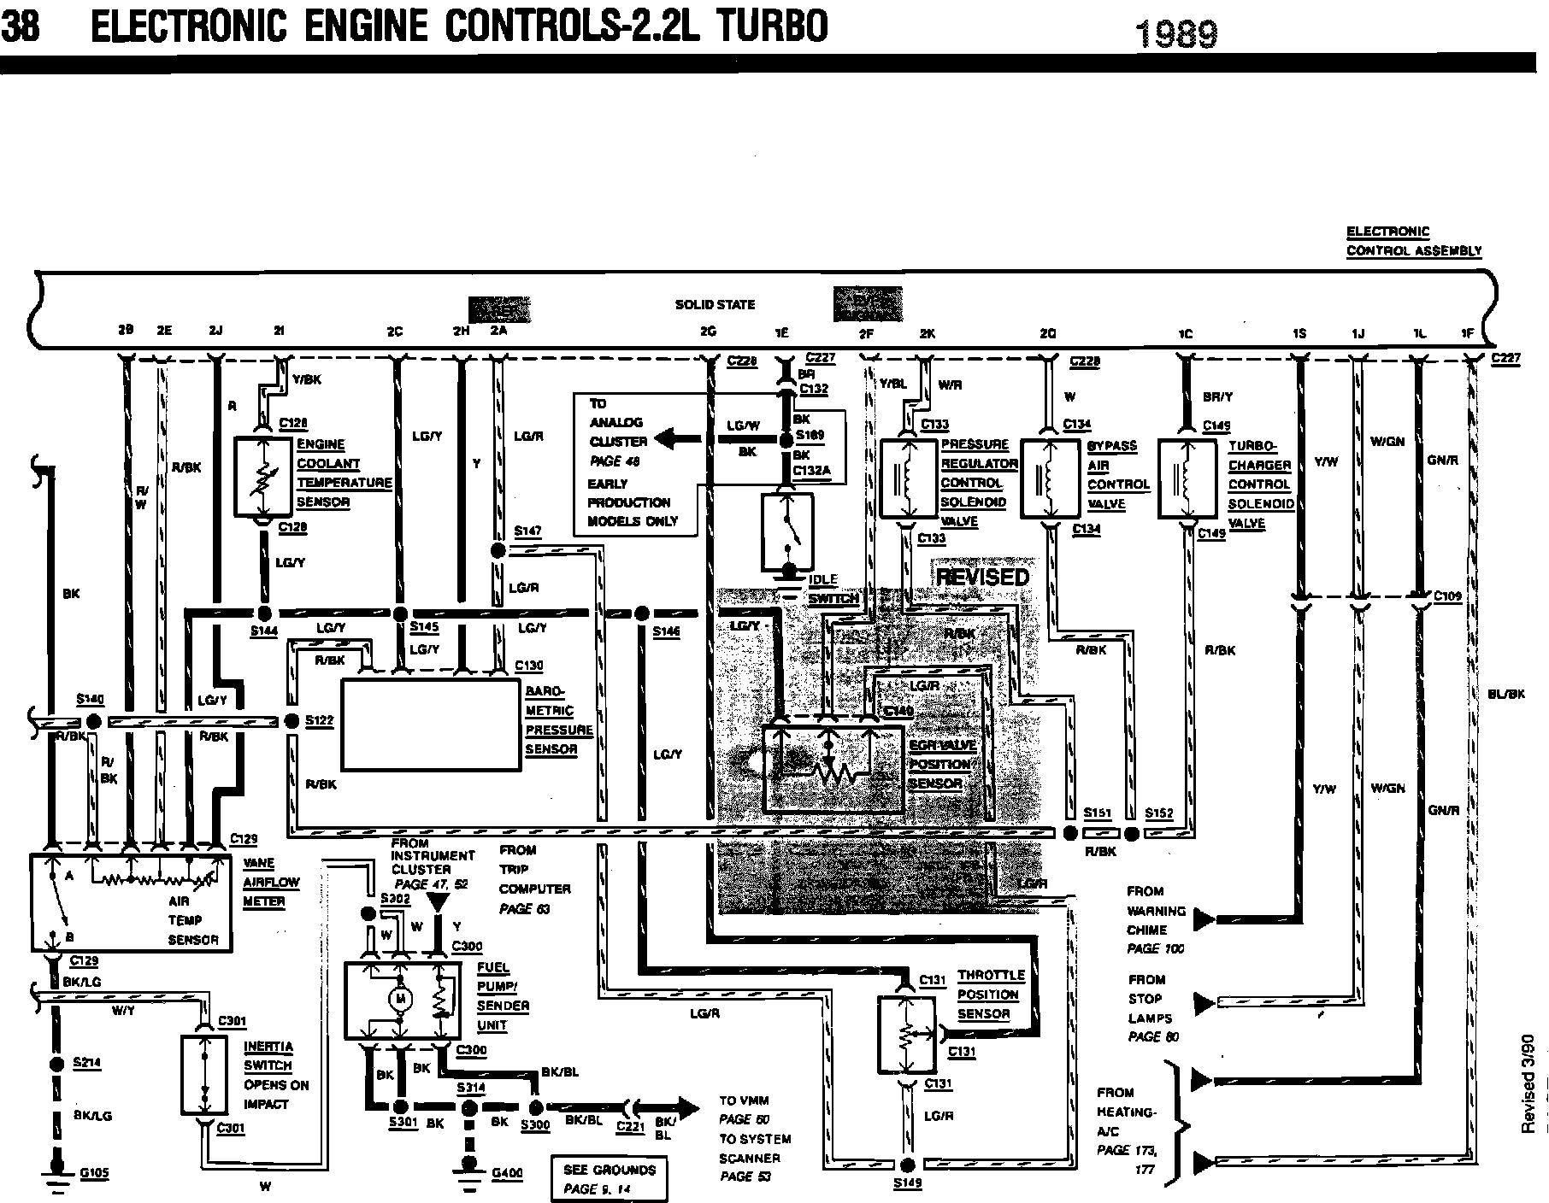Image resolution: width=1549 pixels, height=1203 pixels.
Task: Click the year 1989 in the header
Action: pos(1175,34)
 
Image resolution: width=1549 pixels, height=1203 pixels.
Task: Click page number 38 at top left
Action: pos(21,26)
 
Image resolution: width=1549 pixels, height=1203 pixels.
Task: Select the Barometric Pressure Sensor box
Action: pos(431,725)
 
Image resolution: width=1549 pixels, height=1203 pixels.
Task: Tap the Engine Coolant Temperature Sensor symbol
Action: pos(264,478)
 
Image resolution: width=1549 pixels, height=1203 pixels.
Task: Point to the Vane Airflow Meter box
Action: pos(131,901)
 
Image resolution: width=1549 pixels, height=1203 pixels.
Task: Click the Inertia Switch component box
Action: pos(204,1075)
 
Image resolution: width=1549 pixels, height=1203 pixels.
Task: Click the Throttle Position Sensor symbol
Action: pos(908,1033)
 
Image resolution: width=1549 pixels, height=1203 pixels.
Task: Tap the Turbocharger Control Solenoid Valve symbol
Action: pos(1187,478)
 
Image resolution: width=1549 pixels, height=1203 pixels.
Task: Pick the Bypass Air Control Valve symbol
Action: pos(1051,478)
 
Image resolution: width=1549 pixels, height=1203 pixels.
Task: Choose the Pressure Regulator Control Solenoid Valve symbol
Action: pos(909,478)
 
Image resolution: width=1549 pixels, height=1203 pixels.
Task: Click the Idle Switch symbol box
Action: pos(787,533)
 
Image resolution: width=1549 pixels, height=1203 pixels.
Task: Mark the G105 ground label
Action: pos(94,1174)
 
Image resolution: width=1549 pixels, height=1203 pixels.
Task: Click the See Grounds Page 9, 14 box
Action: pos(609,1179)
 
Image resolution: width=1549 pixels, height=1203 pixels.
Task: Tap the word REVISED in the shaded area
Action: pos(982,577)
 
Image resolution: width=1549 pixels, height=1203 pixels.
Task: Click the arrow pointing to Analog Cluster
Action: pos(675,440)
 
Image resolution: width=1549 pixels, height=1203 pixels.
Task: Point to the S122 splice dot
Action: pos(292,721)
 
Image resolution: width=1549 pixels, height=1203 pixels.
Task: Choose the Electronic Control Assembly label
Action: pos(1413,241)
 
